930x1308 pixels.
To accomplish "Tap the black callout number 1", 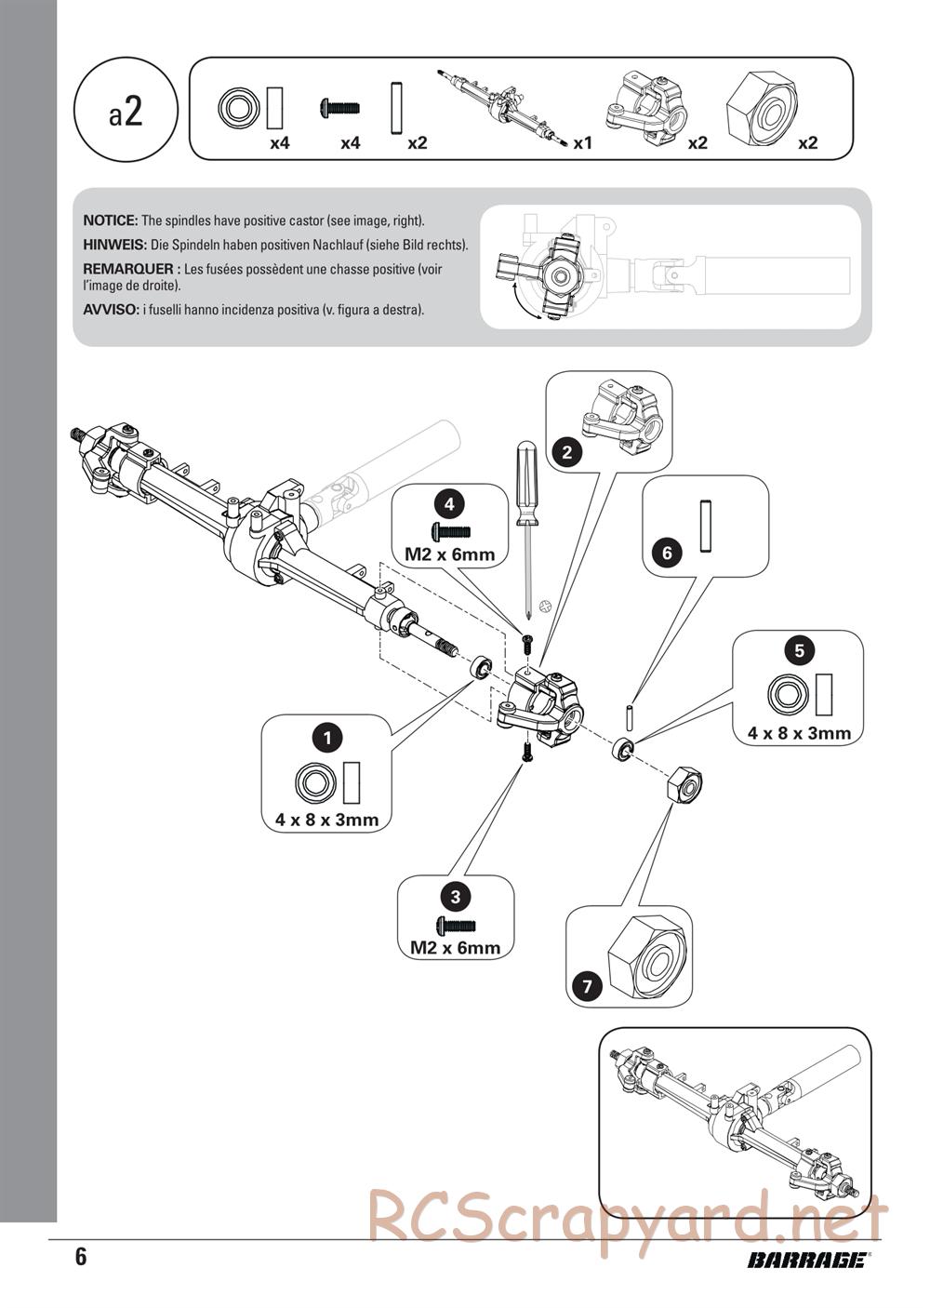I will [326, 739].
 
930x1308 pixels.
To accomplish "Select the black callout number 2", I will [566, 453].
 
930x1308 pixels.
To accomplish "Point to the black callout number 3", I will [455, 897].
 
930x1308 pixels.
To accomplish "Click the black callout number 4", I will [449, 504].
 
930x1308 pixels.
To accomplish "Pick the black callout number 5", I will [799, 650].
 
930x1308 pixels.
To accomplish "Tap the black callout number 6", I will [666, 554].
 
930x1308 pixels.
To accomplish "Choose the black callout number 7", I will [587, 985].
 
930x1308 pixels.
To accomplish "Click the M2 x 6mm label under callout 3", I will [455, 948].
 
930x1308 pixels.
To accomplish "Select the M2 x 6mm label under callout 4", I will [449, 555].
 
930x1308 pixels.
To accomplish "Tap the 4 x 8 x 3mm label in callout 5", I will [799, 733].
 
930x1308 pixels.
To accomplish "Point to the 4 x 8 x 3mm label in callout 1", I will [326, 821].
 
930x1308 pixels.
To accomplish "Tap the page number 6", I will [81, 1257].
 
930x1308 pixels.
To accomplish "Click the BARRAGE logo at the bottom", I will [807, 1261].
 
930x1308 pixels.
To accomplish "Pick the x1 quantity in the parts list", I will [583, 143].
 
